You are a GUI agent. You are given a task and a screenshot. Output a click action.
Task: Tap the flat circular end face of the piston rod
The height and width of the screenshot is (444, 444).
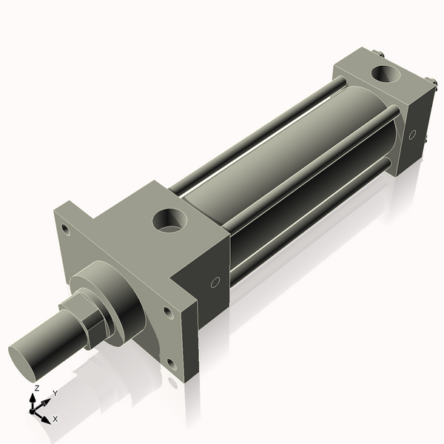(26, 359)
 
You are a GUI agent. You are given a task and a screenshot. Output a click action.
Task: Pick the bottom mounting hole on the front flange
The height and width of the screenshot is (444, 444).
(171, 363)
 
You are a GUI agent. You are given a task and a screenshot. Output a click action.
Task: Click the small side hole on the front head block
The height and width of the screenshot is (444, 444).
(215, 282)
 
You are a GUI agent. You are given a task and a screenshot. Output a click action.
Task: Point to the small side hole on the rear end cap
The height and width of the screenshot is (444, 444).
(412, 135)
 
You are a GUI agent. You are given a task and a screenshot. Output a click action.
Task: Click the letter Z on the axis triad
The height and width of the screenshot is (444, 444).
(37, 388)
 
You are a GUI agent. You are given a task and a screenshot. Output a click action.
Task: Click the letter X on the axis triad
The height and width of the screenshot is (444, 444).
(55, 419)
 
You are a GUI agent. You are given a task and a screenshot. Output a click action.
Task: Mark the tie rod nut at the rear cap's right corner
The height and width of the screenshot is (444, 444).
(429, 82)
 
